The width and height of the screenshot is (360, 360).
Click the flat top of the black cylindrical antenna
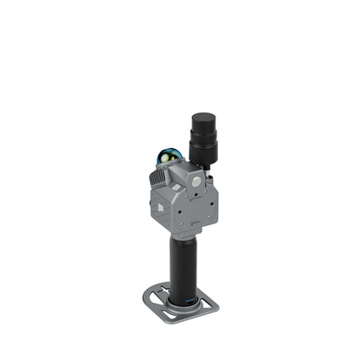tap(202, 117)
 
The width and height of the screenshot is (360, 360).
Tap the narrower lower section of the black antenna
tap(203, 153)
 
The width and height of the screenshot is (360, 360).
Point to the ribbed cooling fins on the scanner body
tap(157, 178)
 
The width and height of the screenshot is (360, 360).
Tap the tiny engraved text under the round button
tap(198, 192)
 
